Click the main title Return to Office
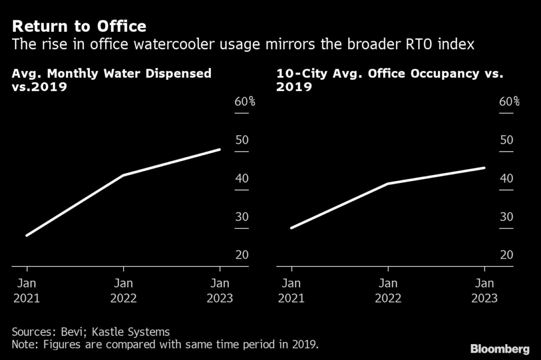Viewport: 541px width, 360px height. pos(79,26)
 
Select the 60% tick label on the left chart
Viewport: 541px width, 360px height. pos(245,101)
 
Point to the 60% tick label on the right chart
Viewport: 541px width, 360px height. pos(509,101)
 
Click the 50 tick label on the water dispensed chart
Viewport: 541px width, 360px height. pos(241,140)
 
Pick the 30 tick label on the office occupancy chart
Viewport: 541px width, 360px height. pos(506,217)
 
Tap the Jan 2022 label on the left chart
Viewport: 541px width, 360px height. pos(124,290)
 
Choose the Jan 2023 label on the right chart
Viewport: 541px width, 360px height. pos(484,290)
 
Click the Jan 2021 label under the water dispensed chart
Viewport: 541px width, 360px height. pos(26,290)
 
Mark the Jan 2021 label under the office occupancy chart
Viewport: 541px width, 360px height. pos(291,290)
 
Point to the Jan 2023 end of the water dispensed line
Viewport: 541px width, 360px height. pos(220,150)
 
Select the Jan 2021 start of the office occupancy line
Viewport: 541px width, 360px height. pos(291,228)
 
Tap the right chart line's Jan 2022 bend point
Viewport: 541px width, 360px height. pos(388,183)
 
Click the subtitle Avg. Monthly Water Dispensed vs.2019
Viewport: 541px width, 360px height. pos(111,80)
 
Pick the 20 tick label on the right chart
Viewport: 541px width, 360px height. pos(506,255)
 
